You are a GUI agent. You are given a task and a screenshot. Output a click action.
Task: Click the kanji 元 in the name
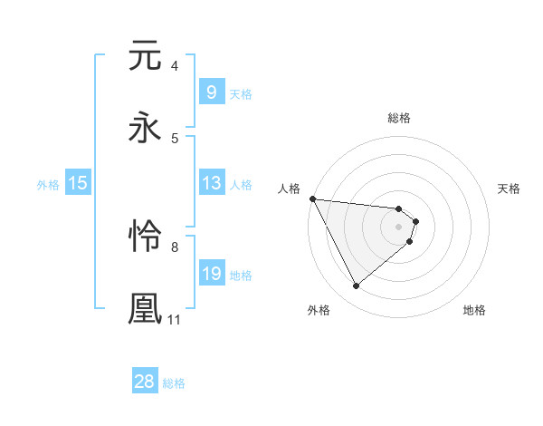145,56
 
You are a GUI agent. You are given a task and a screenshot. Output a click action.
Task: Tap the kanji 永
145,128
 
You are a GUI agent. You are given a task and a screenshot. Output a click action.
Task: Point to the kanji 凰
145,308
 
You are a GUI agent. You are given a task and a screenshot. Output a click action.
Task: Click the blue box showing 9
211,92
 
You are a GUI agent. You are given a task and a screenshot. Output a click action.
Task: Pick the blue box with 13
211,183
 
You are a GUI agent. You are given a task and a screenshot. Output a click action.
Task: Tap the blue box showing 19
211,274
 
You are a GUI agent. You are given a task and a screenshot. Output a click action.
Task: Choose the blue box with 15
77,183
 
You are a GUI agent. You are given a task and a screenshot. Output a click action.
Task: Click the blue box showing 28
145,382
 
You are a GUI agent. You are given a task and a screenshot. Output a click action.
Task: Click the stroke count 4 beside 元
174,66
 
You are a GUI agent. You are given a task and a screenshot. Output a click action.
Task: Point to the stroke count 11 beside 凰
174,319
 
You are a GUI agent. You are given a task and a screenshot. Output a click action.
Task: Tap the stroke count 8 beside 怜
174,247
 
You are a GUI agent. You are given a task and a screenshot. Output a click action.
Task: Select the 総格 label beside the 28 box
174,383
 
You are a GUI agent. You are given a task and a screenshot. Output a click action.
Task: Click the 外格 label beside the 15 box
48,184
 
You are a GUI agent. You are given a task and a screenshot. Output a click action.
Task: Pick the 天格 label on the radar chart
510,189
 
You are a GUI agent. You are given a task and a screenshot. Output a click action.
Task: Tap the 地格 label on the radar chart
474,310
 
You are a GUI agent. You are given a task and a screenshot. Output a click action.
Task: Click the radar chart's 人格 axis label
289,189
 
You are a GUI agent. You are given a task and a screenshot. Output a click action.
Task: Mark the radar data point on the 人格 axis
312,198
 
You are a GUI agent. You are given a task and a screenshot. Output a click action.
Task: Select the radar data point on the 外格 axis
356,286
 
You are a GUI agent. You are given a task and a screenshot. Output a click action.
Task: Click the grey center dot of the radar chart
398,226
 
